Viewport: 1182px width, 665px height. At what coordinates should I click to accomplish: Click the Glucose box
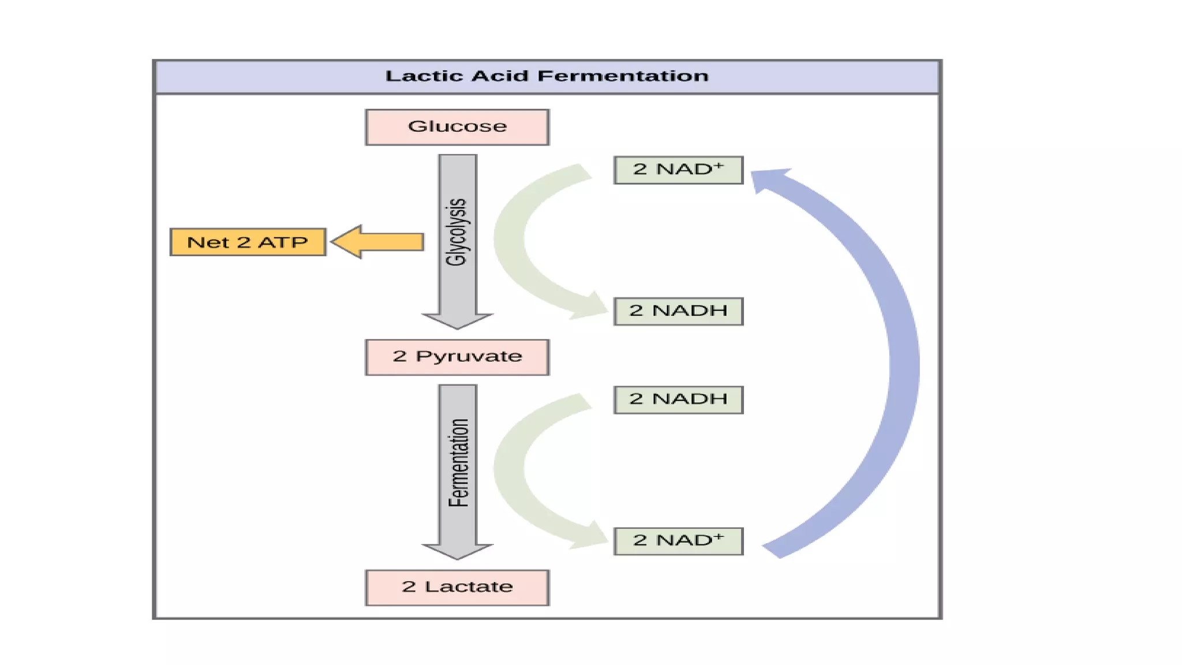click(x=457, y=127)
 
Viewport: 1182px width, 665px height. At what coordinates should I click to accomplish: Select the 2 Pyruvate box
click(x=457, y=357)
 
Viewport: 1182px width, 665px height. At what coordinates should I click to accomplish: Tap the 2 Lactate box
click(x=457, y=587)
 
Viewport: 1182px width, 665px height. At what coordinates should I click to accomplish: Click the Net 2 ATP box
click(x=248, y=242)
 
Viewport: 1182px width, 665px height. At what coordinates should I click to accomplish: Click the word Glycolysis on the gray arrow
click(x=457, y=232)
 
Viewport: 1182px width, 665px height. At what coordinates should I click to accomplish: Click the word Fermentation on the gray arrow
click(x=458, y=463)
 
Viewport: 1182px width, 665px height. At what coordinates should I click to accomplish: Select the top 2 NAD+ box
click(x=678, y=170)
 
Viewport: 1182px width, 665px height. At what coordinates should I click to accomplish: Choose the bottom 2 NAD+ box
click(x=678, y=541)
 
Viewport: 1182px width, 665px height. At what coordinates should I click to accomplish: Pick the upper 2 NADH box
click(x=678, y=311)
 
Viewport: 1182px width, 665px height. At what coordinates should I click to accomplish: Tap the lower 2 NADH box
click(x=678, y=399)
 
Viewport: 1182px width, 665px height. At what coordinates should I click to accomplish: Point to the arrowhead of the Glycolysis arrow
click(x=457, y=320)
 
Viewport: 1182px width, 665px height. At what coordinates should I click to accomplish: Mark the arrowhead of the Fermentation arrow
click(x=457, y=551)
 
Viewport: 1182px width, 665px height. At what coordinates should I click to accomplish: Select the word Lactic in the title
click(x=424, y=76)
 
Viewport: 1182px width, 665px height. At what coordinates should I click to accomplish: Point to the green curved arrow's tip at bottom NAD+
click(x=594, y=537)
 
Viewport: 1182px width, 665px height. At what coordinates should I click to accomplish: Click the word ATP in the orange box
click(x=282, y=242)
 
